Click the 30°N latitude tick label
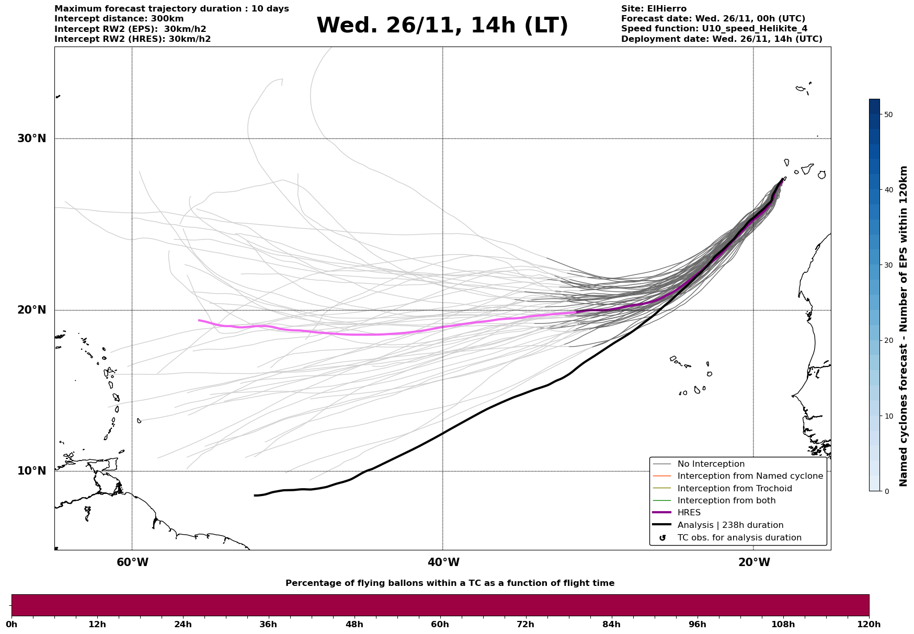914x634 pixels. pos(31,139)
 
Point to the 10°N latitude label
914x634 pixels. pos(31,471)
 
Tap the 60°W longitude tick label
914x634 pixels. pos(132,562)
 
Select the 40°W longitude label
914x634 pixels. pos(443,562)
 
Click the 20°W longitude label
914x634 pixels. pos(754,562)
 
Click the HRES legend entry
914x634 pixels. pos(689,513)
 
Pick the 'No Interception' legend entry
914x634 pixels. pos(711,464)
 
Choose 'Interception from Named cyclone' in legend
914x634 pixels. pos(750,476)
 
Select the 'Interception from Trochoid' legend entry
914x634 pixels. pos(734,489)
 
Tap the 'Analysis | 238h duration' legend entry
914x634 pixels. pos(730,525)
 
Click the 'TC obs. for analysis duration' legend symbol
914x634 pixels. pos(662,538)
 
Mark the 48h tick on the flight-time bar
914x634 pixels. pos(355,624)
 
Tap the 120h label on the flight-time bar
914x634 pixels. pos(869,624)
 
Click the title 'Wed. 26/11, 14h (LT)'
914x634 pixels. pos(442,26)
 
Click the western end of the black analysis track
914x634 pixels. pos(255,495)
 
